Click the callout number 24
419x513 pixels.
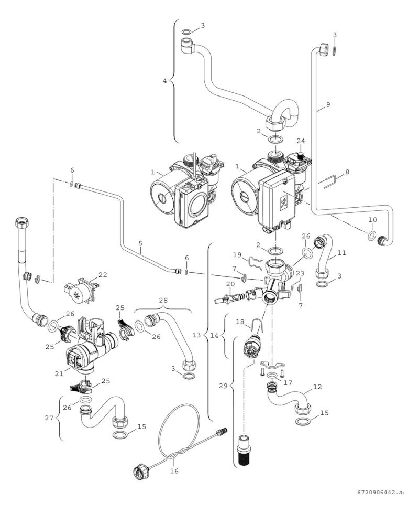coord(300,141)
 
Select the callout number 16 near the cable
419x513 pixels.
coord(174,471)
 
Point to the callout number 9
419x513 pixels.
coord(328,105)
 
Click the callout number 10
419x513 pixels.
coord(372,219)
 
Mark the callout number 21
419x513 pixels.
coord(60,373)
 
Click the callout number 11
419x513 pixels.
coord(341,252)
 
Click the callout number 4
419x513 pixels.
coord(165,81)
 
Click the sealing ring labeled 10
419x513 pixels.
coord(371,235)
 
